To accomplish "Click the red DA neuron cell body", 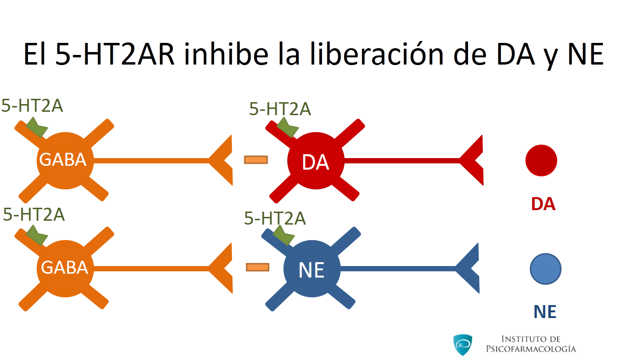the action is click(x=316, y=161).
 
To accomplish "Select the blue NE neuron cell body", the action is click(x=312, y=269).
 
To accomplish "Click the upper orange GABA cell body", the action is click(x=65, y=161).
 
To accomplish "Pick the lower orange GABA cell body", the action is click(x=65, y=269).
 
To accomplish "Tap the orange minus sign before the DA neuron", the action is click(x=256, y=160).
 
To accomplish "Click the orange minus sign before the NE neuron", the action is click(x=257, y=267).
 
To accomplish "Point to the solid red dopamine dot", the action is click(x=541, y=160).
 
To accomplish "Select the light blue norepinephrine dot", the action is click(x=545, y=269).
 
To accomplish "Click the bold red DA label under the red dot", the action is click(x=543, y=204).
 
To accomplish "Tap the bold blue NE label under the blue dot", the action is click(x=545, y=312).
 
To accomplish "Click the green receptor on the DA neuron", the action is click(x=287, y=127).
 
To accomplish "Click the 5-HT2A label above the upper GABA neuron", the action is click(x=32, y=106).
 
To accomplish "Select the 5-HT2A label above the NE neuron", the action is click(x=275, y=218).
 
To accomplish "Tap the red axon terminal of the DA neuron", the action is click(x=471, y=160).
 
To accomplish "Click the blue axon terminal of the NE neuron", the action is click(x=468, y=268).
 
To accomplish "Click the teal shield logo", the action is click(x=463, y=345).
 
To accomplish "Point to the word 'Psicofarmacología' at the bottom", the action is click(x=531, y=349).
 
